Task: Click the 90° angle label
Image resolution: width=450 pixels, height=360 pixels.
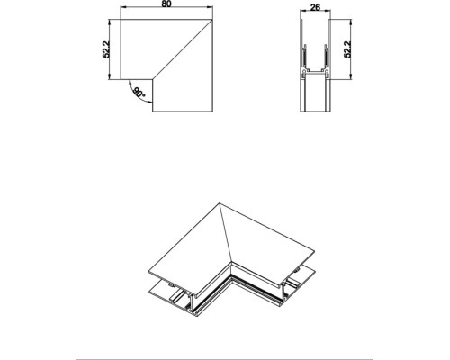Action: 138,92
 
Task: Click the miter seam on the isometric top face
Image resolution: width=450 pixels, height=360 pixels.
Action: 224,234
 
